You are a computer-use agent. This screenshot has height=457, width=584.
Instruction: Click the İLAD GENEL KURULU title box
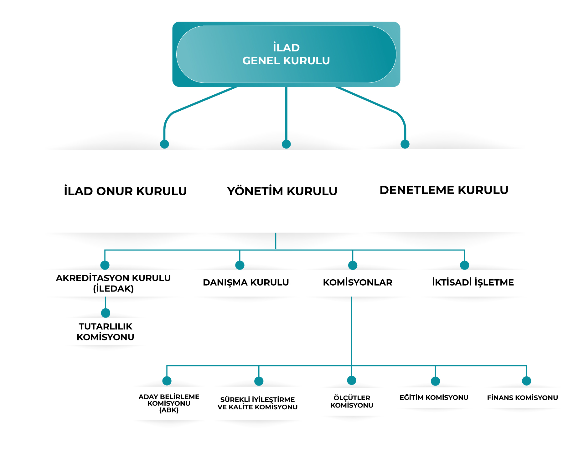point(286,54)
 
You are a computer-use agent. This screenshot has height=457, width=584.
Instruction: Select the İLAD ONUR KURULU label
point(125,191)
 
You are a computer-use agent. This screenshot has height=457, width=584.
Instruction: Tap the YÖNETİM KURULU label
point(282,191)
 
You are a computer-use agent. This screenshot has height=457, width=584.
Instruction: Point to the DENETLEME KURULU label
point(444,190)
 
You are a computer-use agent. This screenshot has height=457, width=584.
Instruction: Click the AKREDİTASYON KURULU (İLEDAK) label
point(113,283)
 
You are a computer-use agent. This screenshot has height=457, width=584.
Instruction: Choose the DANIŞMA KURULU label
point(246,282)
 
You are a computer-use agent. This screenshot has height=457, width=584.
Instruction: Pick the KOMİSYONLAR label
point(358,282)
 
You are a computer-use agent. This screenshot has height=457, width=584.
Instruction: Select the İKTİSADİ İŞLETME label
point(473,282)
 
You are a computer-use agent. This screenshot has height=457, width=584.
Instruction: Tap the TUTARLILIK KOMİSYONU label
point(106,331)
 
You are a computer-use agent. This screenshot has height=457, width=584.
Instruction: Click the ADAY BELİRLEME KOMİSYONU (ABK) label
point(169,403)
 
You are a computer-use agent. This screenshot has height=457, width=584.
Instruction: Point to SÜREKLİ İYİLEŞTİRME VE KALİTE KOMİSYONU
point(257,403)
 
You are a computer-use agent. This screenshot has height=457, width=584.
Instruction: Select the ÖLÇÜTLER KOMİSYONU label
point(352,402)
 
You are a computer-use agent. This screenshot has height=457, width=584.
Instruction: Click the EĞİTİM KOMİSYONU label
point(434,397)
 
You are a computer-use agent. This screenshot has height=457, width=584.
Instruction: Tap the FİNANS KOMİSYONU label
point(522,397)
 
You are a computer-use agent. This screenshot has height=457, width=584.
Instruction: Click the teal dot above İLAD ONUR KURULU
point(164,144)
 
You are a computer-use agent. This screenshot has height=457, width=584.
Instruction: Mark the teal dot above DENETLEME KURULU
point(405,144)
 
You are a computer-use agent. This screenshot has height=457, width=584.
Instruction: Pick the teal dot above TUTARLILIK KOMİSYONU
point(106,313)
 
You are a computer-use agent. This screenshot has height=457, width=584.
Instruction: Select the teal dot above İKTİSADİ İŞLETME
point(464,265)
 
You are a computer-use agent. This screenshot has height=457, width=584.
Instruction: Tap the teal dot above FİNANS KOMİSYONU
point(526,381)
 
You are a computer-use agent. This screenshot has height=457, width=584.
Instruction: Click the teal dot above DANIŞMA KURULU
point(240,265)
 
